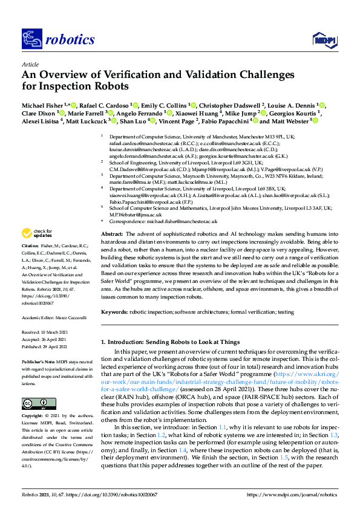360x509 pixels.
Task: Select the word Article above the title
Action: (x=30, y=63)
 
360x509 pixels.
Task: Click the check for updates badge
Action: (x=37, y=233)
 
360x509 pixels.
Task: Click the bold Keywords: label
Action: (x=114, y=312)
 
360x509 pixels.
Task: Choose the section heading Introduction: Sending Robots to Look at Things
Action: (x=169, y=342)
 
